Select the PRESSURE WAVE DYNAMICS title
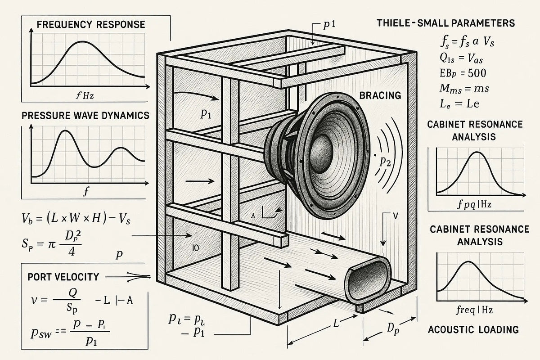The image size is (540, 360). point(85,116)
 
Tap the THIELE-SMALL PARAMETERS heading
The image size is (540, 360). point(445,23)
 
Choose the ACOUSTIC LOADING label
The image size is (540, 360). point(473,329)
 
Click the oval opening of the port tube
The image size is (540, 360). point(366,281)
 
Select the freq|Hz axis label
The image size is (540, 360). point(473,310)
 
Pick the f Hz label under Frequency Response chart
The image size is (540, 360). point(88,95)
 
